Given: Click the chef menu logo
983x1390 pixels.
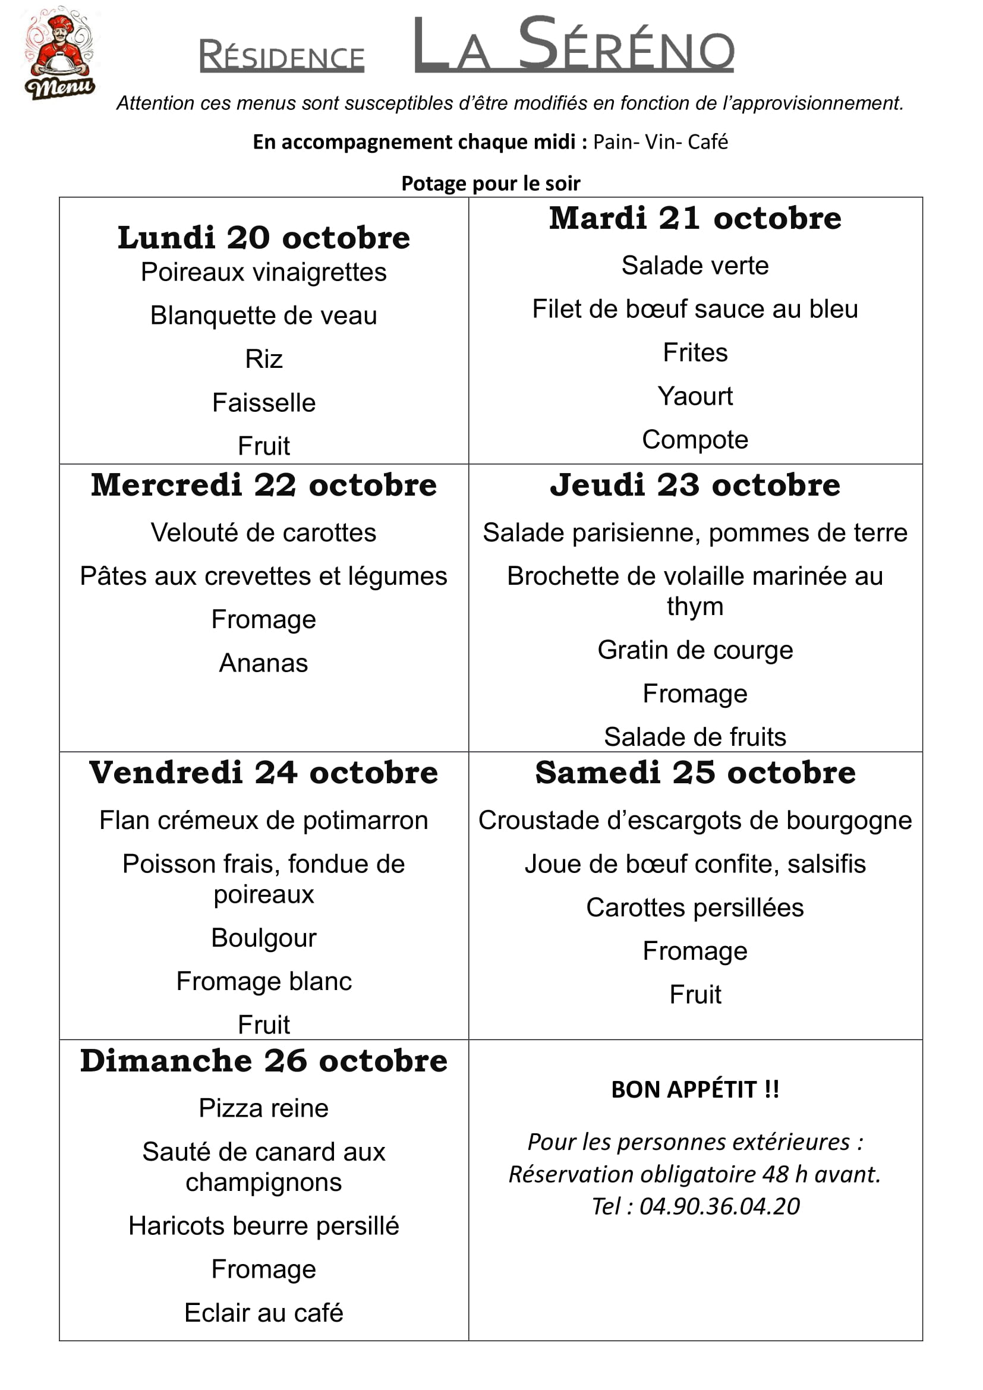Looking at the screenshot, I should pyautogui.click(x=60, y=53).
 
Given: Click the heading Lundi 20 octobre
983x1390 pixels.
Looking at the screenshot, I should pyautogui.click(x=263, y=237).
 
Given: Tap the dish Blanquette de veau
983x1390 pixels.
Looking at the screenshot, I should pyautogui.click(x=263, y=316).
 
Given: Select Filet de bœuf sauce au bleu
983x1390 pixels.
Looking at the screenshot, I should pyautogui.click(x=695, y=309).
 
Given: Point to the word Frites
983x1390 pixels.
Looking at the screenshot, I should pyautogui.click(x=695, y=352).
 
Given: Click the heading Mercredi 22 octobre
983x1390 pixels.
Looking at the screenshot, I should pyautogui.click(x=263, y=485).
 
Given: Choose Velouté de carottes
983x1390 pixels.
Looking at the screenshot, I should pyautogui.click(x=263, y=532).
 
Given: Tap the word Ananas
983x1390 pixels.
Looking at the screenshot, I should pyautogui.click(x=263, y=663).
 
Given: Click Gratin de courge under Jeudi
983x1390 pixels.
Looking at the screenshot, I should pyautogui.click(x=695, y=650).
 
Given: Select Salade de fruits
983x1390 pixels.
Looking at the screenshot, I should pyautogui.click(x=695, y=737).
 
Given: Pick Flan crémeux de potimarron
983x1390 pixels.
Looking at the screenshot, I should pyautogui.click(x=263, y=820).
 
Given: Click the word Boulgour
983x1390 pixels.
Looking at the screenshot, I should pyautogui.click(x=263, y=938).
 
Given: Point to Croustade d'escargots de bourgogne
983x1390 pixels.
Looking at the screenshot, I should pyautogui.click(x=695, y=820).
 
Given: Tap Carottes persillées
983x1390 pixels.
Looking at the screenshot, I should pyautogui.click(x=695, y=907).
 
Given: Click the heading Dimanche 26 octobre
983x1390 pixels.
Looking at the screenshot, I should pyautogui.click(x=263, y=1061).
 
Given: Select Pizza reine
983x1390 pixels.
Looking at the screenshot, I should pyautogui.click(x=263, y=1108).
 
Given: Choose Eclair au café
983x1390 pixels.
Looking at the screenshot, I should pyautogui.click(x=263, y=1313).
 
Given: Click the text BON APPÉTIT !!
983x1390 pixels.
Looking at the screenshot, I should pyautogui.click(x=695, y=1089).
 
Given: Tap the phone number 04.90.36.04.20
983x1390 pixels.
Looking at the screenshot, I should pyautogui.click(x=719, y=1206).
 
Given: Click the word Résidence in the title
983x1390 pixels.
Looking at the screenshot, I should pyautogui.click(x=282, y=56).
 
